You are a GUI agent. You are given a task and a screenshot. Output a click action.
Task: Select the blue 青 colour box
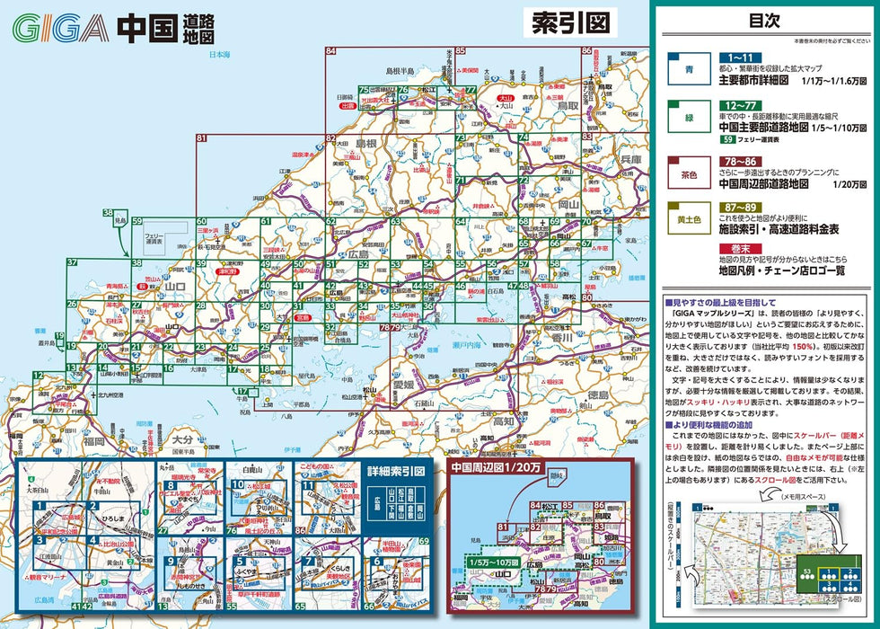tap(687, 70)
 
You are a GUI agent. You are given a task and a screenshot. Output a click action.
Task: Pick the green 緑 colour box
tap(687, 123)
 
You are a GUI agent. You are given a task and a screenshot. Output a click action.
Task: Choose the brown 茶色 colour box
tap(687, 173)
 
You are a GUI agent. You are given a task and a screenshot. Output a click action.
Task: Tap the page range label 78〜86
tap(741, 160)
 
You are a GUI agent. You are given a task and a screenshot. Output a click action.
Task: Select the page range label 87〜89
tap(741, 208)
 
